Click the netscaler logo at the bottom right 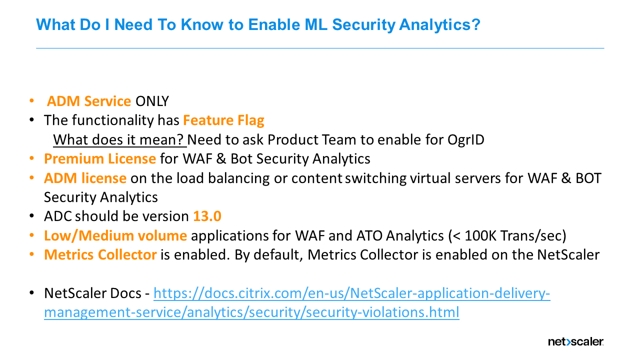pyautogui.click(x=575, y=342)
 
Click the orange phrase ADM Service pyautogui.click(x=89, y=101)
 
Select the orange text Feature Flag pyautogui.click(x=223, y=120)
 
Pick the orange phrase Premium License pyautogui.click(x=100, y=159)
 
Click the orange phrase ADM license pyautogui.click(x=85, y=178)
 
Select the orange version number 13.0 pyautogui.click(x=207, y=216)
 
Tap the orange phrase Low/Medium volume pyautogui.click(x=115, y=235)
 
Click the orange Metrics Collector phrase pyautogui.click(x=100, y=254)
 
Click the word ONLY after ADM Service pyautogui.click(x=152, y=101)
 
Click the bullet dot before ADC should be pyautogui.click(x=32, y=216)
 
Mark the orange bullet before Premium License pyautogui.click(x=32, y=159)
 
